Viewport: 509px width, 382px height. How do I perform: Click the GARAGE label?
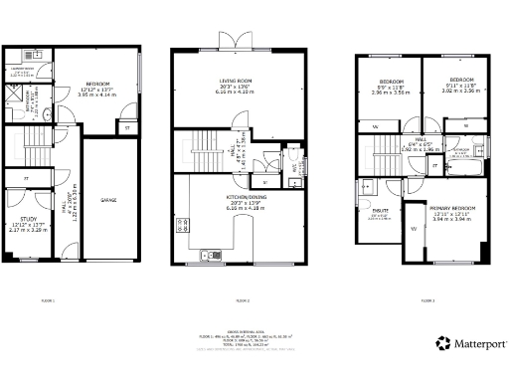tap(108, 200)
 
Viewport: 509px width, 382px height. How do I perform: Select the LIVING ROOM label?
tap(237, 82)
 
